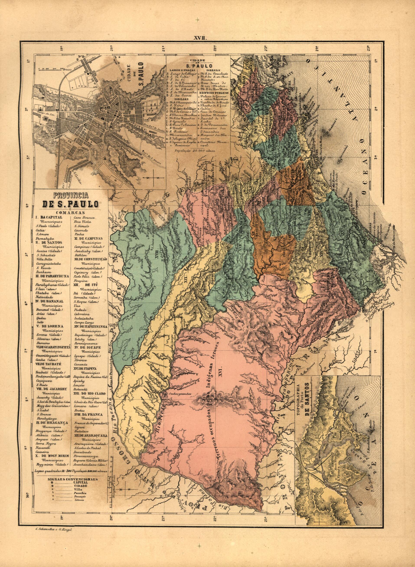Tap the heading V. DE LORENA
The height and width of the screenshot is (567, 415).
point(49,326)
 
